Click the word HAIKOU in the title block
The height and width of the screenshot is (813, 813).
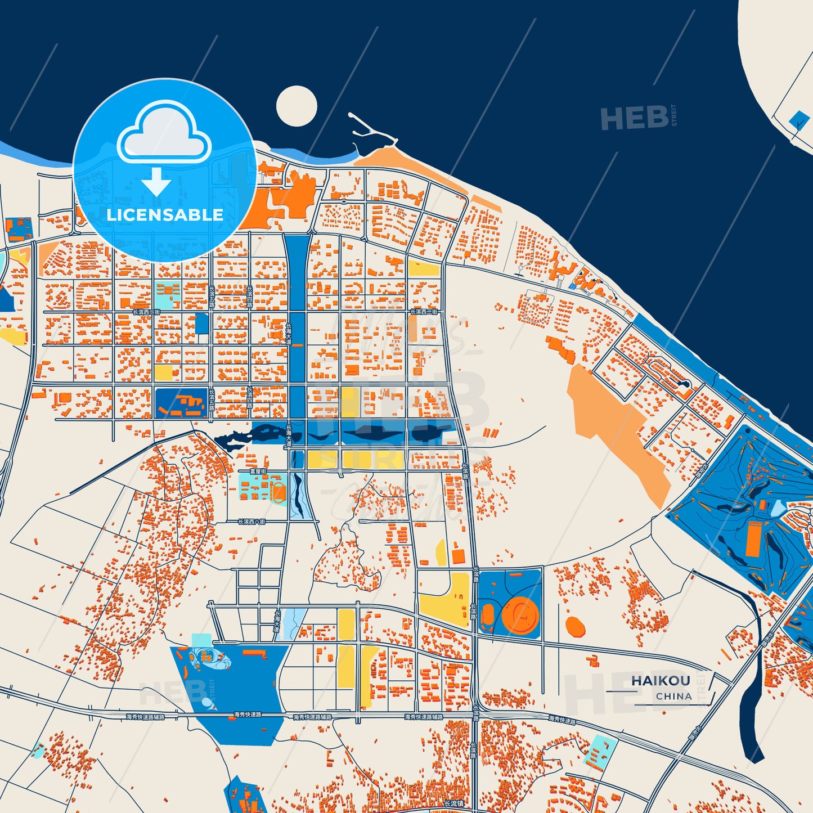pos(661,680)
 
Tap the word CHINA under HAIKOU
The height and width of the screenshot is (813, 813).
pos(673,696)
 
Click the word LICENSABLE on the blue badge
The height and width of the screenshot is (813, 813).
pos(165,215)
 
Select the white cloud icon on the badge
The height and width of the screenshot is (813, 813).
pos(164,133)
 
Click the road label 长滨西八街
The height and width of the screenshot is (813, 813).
pos(251,522)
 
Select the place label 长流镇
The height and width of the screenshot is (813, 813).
pos(453,803)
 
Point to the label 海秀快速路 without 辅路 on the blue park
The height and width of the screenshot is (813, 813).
pos(248,715)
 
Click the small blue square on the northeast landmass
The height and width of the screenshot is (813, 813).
pos(798,119)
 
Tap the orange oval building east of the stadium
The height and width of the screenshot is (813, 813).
pos(575,626)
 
